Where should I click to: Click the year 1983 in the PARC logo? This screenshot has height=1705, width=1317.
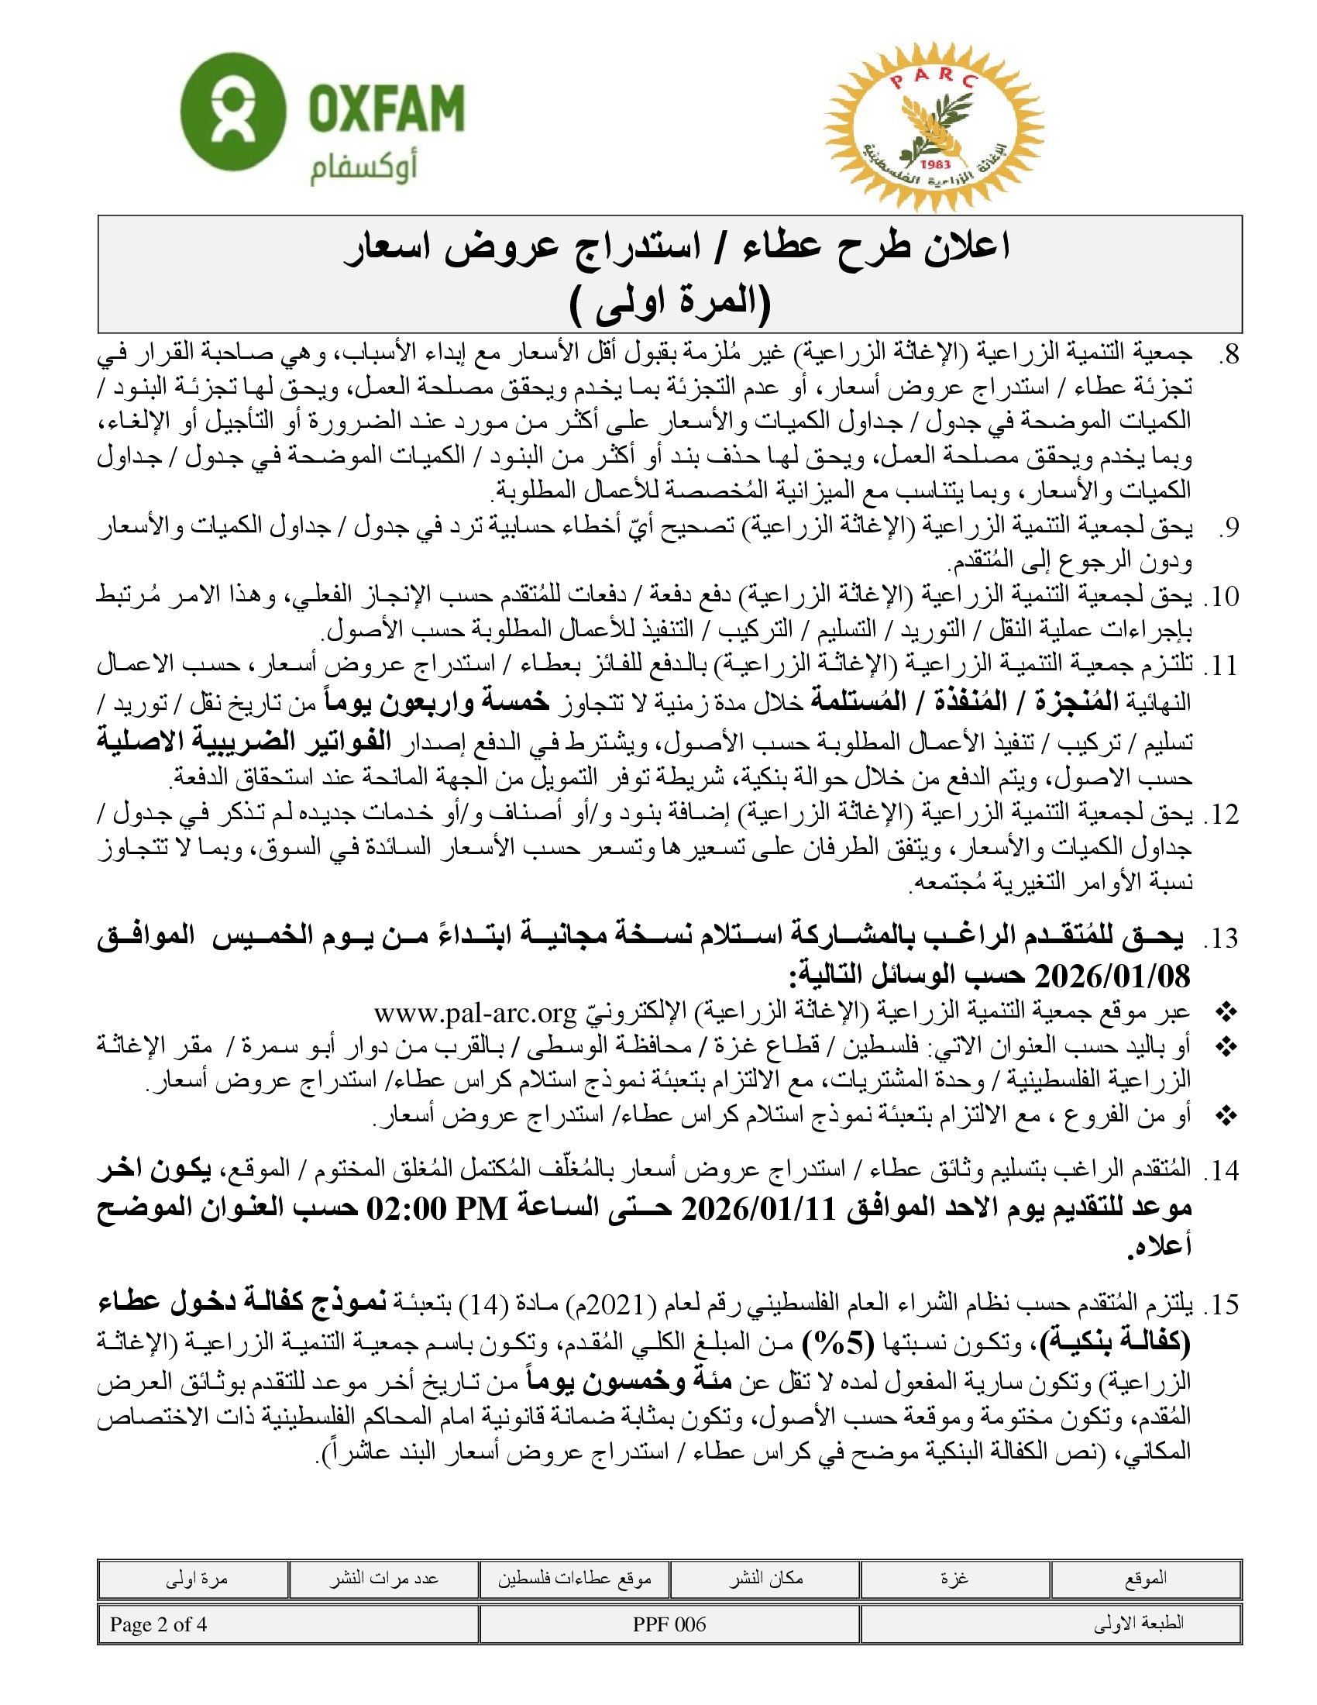point(936,164)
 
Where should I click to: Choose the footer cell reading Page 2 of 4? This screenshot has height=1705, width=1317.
point(158,1624)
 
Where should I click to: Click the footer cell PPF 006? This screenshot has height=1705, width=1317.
point(669,1624)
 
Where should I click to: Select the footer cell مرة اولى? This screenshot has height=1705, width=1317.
point(196,1579)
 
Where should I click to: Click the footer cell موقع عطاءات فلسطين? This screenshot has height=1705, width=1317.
point(575,1579)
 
